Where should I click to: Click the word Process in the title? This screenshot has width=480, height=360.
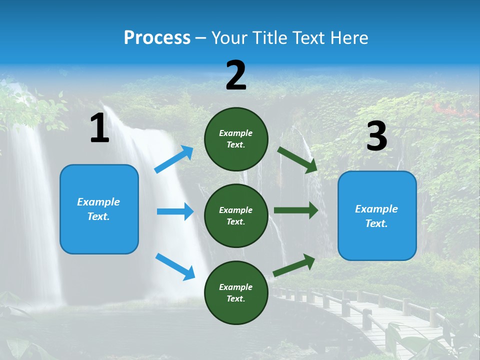[157, 37]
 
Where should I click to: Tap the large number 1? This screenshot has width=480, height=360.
[99, 128]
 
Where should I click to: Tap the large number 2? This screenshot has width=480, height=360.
[236, 75]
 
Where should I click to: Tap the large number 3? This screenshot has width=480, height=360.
[376, 136]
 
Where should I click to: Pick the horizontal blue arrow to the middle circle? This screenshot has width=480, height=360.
[175, 211]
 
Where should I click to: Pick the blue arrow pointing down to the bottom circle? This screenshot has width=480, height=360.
[175, 266]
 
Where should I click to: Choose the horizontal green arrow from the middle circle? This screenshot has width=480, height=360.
[296, 210]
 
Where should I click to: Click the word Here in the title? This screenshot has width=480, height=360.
[349, 37]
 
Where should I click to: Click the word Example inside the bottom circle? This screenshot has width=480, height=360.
[235, 287]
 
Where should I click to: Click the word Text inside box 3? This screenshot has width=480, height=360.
[376, 223]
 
